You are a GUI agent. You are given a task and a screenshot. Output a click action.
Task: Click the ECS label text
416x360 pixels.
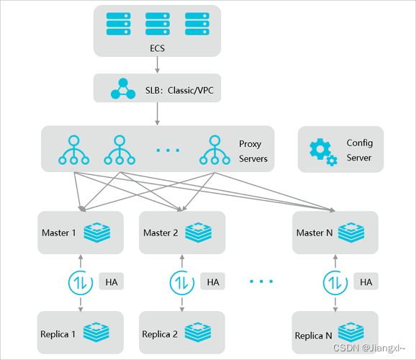coord(158,48)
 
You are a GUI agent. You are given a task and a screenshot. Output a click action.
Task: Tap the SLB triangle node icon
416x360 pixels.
coord(123,89)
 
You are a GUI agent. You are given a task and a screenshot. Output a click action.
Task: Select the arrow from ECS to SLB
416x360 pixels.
coord(158,65)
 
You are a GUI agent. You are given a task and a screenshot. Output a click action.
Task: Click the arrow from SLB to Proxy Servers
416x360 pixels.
coord(158,114)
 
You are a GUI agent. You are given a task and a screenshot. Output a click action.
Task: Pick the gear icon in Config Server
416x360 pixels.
coord(323,152)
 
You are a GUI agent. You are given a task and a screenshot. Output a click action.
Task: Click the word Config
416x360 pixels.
coord(359,143)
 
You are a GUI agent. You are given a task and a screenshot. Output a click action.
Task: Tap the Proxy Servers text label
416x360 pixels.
coord(253,151)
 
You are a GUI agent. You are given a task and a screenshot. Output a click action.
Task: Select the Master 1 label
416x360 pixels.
coord(58,233)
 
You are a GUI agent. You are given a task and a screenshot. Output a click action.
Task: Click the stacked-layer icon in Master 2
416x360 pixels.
coord(199,233)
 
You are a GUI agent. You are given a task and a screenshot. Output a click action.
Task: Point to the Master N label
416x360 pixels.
coord(315,233)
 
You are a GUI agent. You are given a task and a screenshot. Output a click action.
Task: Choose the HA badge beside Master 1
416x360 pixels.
coord(112,282)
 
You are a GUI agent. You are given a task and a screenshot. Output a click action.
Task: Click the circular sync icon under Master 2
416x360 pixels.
coord(182,282)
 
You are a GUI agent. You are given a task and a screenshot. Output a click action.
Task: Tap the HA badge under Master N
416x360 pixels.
coord(366,282)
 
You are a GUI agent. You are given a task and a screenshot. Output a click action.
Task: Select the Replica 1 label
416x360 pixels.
coord(58,334)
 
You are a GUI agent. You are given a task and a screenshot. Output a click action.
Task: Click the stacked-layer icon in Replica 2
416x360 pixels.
coord(198,333)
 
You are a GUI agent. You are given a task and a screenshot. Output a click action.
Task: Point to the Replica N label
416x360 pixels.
coord(313,336)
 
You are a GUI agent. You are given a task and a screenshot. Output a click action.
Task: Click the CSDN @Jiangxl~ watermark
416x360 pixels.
coord(368,348)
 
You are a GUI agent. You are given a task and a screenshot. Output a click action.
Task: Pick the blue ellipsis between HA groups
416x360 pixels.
coord(261,281)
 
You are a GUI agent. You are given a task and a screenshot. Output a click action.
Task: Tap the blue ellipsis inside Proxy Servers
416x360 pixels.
coord(168,150)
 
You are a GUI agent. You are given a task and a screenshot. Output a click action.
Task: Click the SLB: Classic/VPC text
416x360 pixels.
coord(179,91)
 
